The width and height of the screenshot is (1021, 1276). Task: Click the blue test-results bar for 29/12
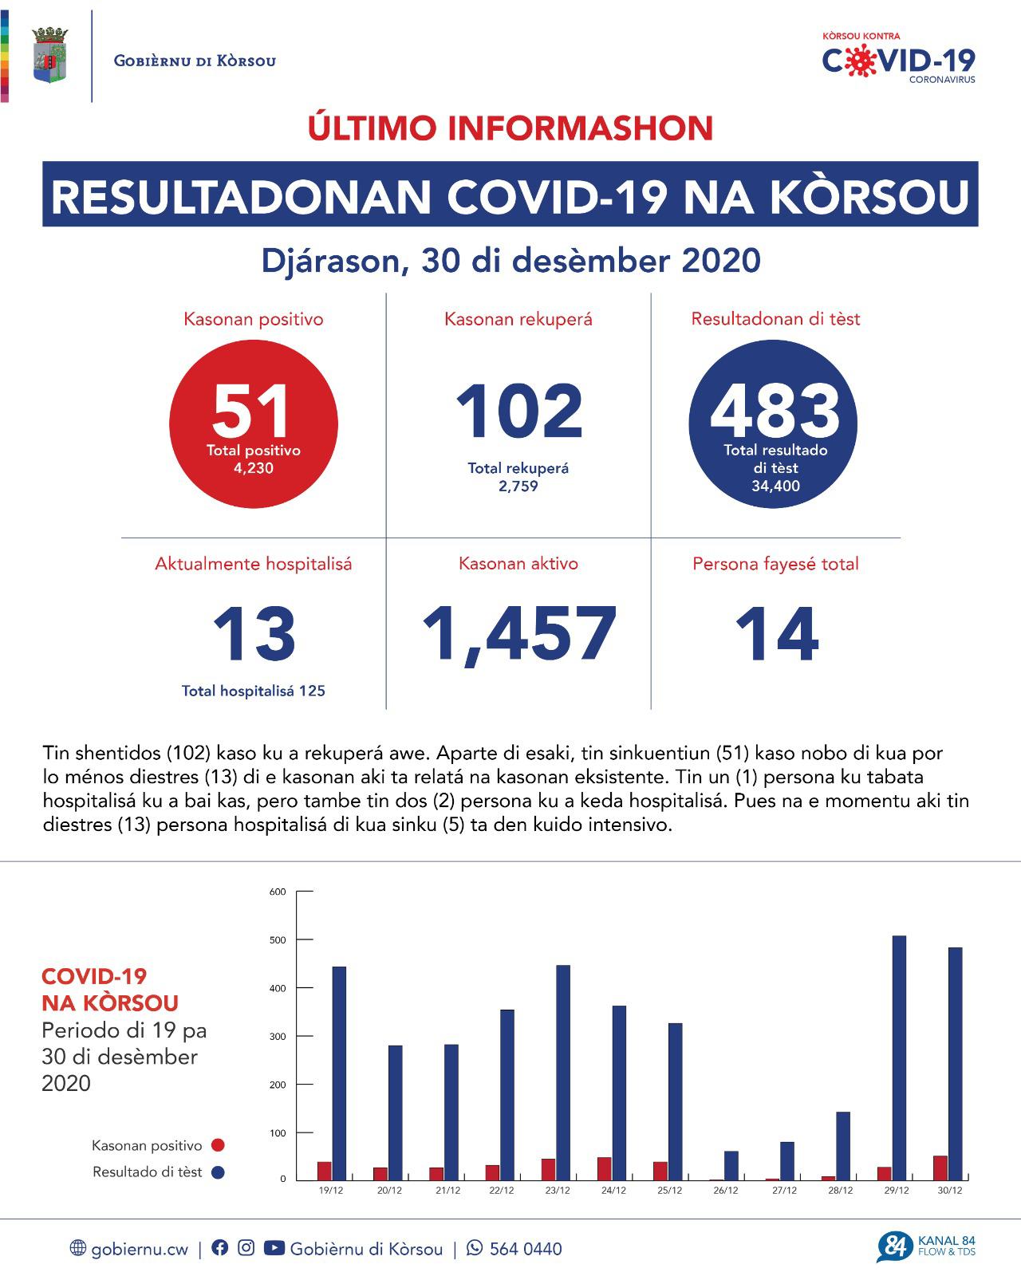pyautogui.click(x=899, y=1057)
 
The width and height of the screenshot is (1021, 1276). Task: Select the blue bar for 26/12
pyautogui.click(x=731, y=1165)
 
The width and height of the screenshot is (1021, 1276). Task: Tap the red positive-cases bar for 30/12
pyautogui.click(x=940, y=1168)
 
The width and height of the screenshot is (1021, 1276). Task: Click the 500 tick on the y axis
pyautogui.click(x=278, y=939)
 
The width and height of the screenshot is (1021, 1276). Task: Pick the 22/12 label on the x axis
pyautogui.click(x=501, y=1191)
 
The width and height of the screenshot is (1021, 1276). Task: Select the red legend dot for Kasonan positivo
pyautogui.click(x=218, y=1145)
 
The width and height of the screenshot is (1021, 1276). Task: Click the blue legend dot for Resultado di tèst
pyautogui.click(x=218, y=1172)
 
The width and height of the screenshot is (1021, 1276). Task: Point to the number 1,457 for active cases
pyautogui.click(x=518, y=635)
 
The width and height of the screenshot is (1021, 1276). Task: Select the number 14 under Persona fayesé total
pyautogui.click(x=776, y=635)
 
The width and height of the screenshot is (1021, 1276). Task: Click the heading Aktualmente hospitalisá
pyautogui.click(x=253, y=564)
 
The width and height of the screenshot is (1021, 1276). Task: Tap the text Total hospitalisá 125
pyautogui.click(x=253, y=691)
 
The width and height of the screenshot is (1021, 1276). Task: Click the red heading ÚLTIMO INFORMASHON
pyautogui.click(x=510, y=128)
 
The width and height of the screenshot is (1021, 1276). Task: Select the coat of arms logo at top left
pyautogui.click(x=49, y=55)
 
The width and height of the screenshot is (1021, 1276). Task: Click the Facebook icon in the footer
pyautogui.click(x=219, y=1248)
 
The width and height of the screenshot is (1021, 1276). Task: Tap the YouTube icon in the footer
pyautogui.click(x=274, y=1248)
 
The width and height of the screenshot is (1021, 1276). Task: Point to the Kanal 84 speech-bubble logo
pyautogui.click(x=894, y=1247)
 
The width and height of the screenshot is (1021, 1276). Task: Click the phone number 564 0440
pyautogui.click(x=525, y=1249)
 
